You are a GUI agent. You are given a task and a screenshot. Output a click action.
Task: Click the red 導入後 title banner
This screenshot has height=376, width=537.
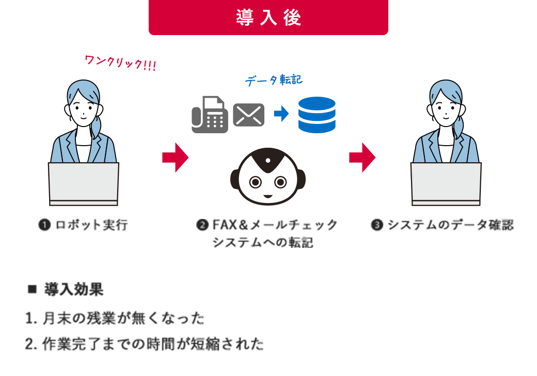tap(268, 17)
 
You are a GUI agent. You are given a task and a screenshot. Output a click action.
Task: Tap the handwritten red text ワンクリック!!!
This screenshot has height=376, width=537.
tap(120, 63)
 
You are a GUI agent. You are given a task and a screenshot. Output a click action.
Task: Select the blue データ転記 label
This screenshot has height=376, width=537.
tap(274, 80)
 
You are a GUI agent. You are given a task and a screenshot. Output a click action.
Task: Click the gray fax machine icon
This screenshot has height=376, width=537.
tap(210, 115)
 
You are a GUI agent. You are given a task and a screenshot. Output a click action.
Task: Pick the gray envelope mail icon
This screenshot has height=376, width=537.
tap(249, 115)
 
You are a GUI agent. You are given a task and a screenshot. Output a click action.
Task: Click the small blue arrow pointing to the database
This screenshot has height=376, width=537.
tap(281, 113)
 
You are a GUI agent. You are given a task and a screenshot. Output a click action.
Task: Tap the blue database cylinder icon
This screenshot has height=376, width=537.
tap(317, 115)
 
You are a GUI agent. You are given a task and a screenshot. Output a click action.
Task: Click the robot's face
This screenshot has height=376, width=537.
tap(268, 177)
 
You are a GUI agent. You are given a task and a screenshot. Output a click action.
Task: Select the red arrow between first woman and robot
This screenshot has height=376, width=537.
tap(176, 158)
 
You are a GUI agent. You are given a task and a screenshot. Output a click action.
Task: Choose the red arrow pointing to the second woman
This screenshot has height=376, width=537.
tap(362, 158)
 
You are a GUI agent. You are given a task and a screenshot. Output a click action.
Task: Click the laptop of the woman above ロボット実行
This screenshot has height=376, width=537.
tap(84, 184)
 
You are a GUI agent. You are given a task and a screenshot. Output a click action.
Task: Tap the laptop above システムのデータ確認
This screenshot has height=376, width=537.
tap(446, 184)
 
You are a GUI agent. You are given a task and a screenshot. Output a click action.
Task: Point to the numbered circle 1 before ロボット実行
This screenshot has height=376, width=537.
tap(44, 225)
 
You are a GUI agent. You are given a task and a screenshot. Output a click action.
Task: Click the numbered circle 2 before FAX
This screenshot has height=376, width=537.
tap(202, 225)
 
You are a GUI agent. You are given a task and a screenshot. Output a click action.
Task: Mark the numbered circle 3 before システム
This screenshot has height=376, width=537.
tap(377, 225)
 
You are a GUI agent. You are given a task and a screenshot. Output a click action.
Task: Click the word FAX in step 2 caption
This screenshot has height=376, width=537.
tap(225, 225)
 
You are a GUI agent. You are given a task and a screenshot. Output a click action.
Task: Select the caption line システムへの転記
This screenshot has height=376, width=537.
tap(263, 242)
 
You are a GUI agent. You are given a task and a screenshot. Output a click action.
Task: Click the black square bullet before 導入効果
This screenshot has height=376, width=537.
tap(32, 289)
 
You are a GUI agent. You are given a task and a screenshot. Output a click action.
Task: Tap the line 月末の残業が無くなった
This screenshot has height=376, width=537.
tap(115, 319)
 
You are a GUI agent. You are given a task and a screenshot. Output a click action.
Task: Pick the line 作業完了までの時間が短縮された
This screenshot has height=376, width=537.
tap(145, 344)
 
